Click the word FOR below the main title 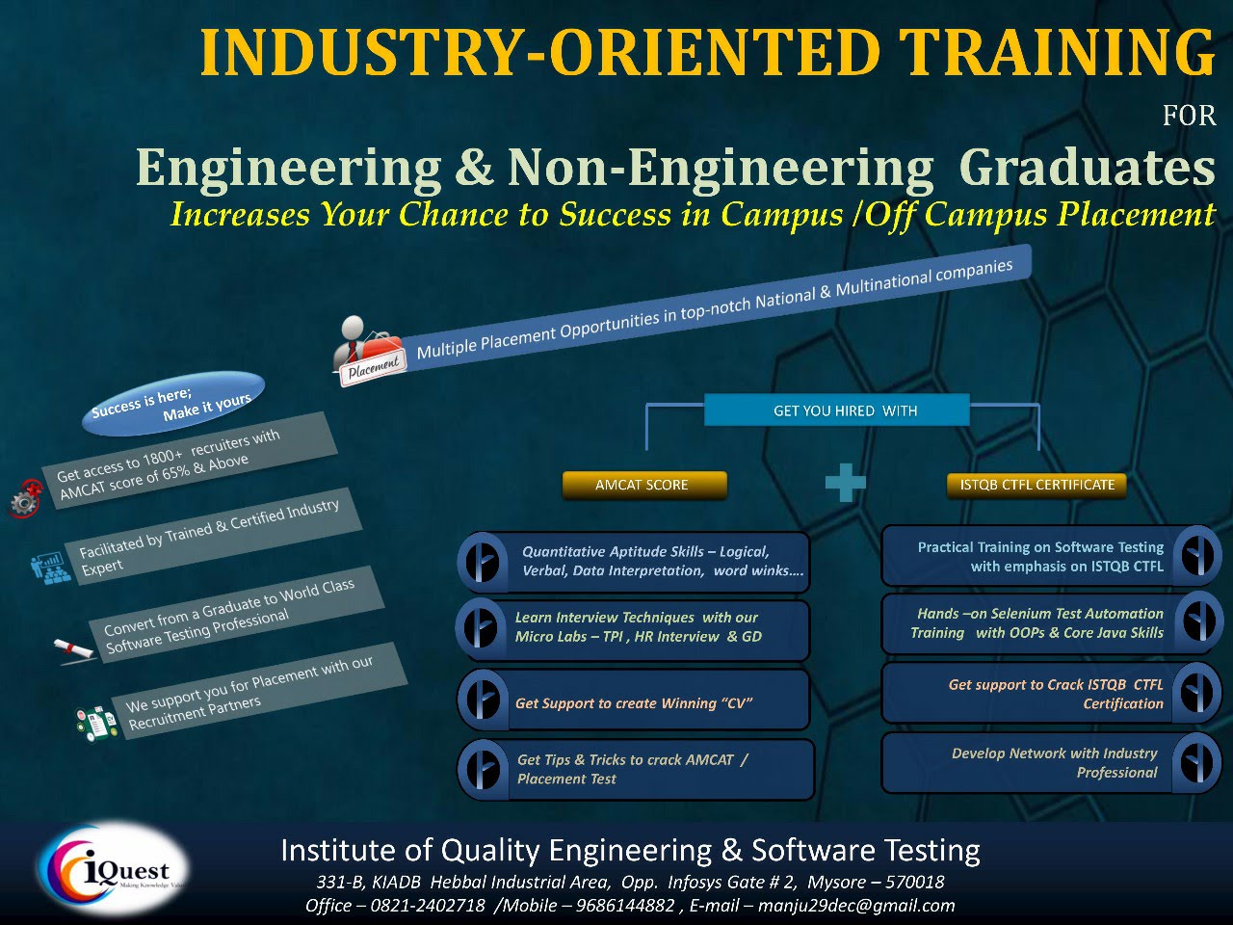coord(1190,116)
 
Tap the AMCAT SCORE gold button coord(644,485)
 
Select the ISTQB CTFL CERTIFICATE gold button coord(1036,485)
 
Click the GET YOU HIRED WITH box coord(836,410)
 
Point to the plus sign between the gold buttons coord(846,483)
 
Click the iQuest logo coord(114,869)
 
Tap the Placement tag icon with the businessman coord(368,351)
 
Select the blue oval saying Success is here coord(172,404)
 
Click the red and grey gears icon coord(25,498)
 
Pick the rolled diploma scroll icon coord(75,650)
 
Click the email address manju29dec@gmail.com coord(856,906)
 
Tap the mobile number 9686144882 coord(625,906)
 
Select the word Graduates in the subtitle coord(1087,168)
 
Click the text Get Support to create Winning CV coord(634,703)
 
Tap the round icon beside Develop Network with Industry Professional coord(1197,763)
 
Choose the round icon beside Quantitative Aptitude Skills coord(482,562)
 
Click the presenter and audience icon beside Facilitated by coord(51,568)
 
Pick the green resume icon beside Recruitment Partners coord(97,724)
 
